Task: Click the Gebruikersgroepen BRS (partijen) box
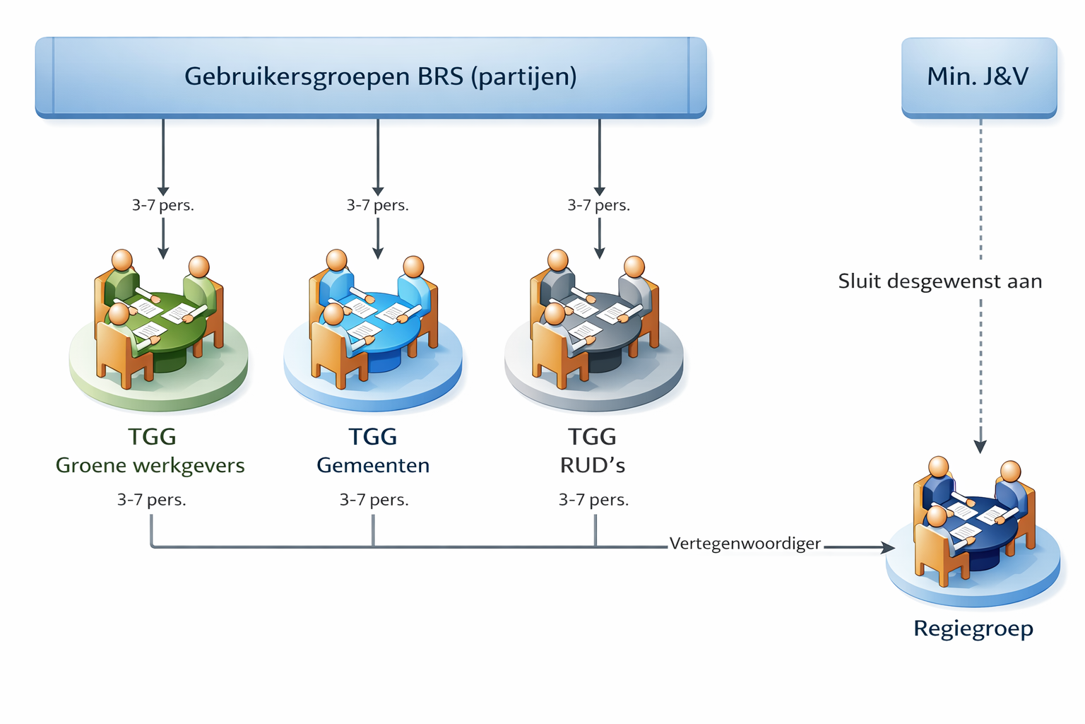[x=371, y=76]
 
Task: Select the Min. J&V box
[x=978, y=76]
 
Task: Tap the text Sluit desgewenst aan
[x=939, y=281]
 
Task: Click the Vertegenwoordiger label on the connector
[x=745, y=544]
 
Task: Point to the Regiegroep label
[x=973, y=628]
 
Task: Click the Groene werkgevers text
[x=150, y=465]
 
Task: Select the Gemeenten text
[x=373, y=465]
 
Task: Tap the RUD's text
[x=593, y=465]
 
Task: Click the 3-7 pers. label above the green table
[x=163, y=205]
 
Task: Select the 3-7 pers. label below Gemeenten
[x=374, y=500]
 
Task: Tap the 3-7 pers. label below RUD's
[x=593, y=500]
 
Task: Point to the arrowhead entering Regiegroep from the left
[x=888, y=547]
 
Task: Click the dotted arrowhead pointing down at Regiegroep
[x=980, y=446]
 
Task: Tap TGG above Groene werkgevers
[x=152, y=437]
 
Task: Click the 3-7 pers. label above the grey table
[x=598, y=205]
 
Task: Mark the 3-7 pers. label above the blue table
[x=377, y=205]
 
